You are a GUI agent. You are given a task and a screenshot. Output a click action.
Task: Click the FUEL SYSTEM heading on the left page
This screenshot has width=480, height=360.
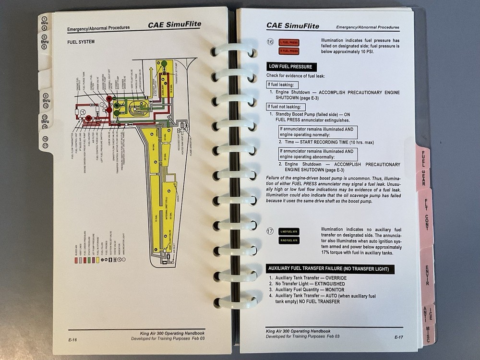click(81, 42)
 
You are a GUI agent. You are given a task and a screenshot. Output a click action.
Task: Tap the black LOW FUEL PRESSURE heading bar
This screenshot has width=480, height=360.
click(291, 67)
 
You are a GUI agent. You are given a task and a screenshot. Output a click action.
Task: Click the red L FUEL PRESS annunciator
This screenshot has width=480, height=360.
click(289, 42)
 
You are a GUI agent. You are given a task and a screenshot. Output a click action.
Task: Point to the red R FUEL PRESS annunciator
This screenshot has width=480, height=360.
click(289, 50)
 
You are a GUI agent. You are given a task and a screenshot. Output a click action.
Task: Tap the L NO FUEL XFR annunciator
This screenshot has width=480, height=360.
click(289, 231)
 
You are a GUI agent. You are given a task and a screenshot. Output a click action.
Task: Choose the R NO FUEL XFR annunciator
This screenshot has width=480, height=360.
click(289, 240)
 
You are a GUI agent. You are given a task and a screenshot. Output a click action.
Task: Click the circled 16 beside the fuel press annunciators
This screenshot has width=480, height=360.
click(271, 42)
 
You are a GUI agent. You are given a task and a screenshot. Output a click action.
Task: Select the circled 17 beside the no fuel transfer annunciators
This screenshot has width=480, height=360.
click(271, 232)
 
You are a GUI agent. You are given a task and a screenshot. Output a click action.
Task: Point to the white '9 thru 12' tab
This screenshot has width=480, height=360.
click(46, 100)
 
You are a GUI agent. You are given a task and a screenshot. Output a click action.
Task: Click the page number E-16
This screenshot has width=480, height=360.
click(73, 339)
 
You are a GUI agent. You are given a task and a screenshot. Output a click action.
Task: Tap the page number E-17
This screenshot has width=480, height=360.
click(398, 337)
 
